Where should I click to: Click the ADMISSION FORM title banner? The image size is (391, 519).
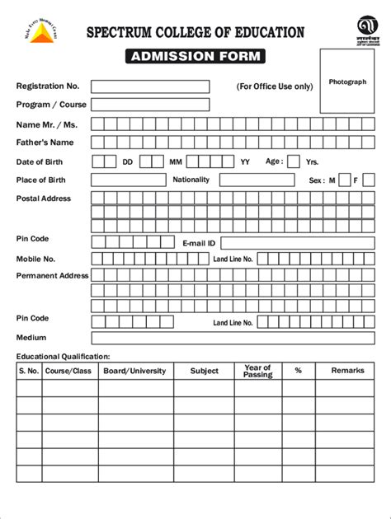[x=195, y=57]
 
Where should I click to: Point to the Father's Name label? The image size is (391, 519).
[x=40, y=143]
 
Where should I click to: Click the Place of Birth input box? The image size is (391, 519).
[x=128, y=180]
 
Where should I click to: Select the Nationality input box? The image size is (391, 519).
[x=257, y=180]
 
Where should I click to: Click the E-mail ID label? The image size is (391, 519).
[x=199, y=244]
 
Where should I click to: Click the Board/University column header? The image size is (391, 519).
[x=134, y=371]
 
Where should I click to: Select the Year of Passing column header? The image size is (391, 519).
[x=257, y=372]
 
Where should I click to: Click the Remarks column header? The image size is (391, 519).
[x=347, y=371]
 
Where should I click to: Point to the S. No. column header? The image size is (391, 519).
[x=29, y=371]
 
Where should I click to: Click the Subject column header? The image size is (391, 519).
[x=205, y=371]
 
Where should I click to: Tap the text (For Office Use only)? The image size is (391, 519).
[x=274, y=86]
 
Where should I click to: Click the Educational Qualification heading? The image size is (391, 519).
[x=64, y=356]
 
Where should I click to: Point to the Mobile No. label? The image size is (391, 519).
[x=35, y=259]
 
